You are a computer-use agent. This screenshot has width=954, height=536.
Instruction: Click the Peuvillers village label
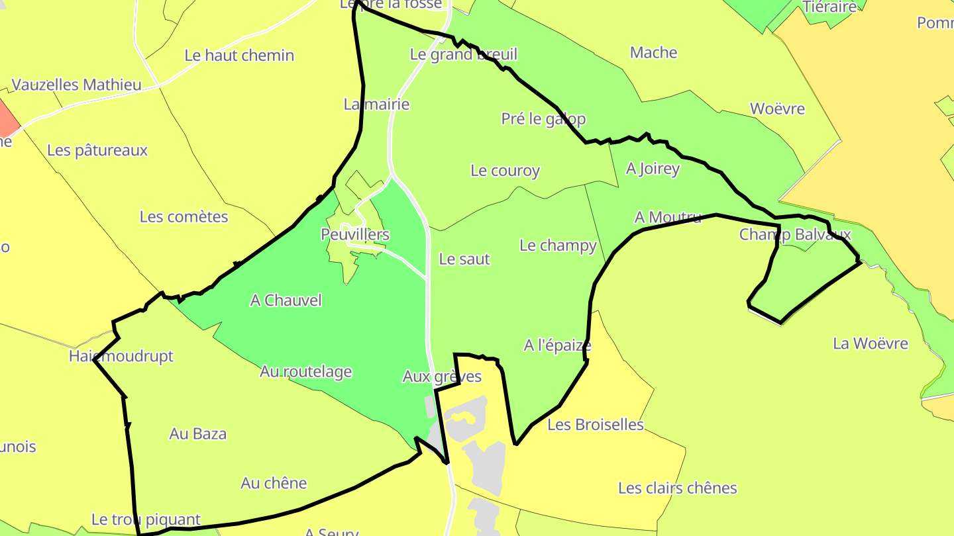click(355, 235)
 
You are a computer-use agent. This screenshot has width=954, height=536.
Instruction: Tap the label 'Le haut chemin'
click(239, 56)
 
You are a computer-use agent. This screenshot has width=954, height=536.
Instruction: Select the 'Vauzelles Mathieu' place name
click(77, 85)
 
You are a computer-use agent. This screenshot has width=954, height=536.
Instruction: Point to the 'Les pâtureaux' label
click(97, 150)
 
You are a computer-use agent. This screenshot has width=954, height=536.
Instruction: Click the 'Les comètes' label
click(184, 217)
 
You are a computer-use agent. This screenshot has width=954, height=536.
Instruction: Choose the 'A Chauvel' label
click(286, 300)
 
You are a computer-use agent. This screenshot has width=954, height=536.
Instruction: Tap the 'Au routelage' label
click(305, 372)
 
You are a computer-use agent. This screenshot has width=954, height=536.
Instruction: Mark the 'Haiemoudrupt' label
click(121, 357)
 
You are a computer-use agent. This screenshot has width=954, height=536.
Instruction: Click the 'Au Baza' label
click(198, 434)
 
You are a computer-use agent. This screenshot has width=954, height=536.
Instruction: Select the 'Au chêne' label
click(274, 483)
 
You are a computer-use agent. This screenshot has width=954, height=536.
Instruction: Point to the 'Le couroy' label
click(505, 171)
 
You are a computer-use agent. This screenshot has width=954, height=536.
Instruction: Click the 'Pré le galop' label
click(543, 119)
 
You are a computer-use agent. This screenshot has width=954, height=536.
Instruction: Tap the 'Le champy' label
click(558, 246)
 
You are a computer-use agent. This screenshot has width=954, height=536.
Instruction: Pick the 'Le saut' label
click(464, 259)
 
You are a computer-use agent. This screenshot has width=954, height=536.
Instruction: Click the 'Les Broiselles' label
click(596, 425)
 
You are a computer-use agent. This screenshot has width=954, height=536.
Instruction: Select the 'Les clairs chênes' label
click(677, 488)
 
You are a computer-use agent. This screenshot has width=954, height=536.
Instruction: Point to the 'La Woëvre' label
click(871, 343)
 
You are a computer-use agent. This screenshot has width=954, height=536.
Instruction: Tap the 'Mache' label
click(654, 53)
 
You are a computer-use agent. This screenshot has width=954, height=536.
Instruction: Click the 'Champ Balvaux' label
click(795, 234)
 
